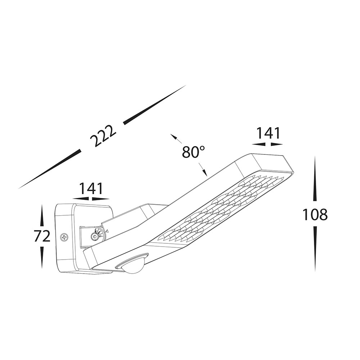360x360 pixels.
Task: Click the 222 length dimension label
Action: click(103, 136)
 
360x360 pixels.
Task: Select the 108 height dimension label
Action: click(315, 215)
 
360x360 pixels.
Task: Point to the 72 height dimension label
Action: click(42, 236)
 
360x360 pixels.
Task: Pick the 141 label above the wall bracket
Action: click(90, 189)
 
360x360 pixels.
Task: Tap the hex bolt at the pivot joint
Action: click(94, 236)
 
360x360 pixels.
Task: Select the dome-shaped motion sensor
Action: click(131, 266)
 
